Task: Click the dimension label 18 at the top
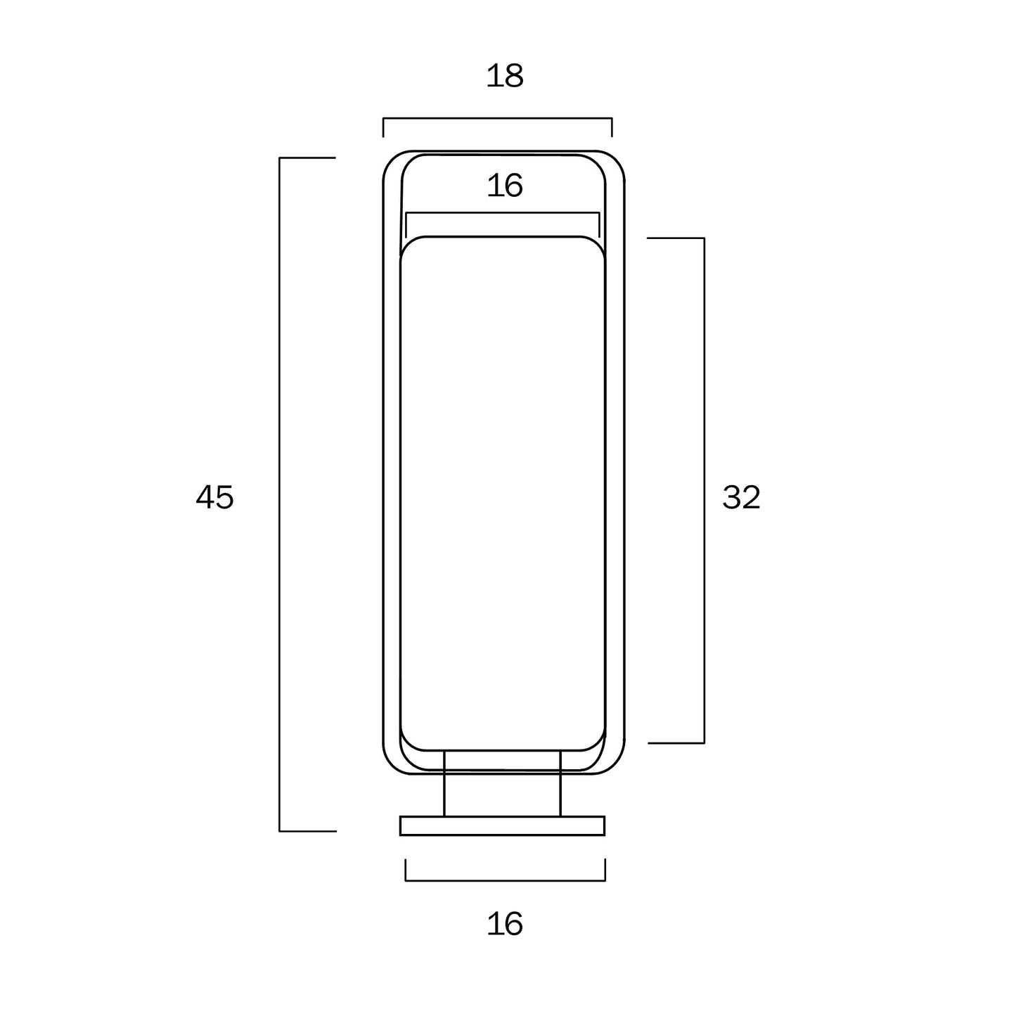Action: [505, 76]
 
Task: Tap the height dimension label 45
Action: [214, 497]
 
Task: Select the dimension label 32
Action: [741, 497]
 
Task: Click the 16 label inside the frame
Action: [505, 186]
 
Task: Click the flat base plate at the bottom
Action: [502, 825]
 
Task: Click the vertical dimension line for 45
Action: [279, 494]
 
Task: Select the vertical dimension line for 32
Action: [705, 490]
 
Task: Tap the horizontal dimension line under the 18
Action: [497, 118]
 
